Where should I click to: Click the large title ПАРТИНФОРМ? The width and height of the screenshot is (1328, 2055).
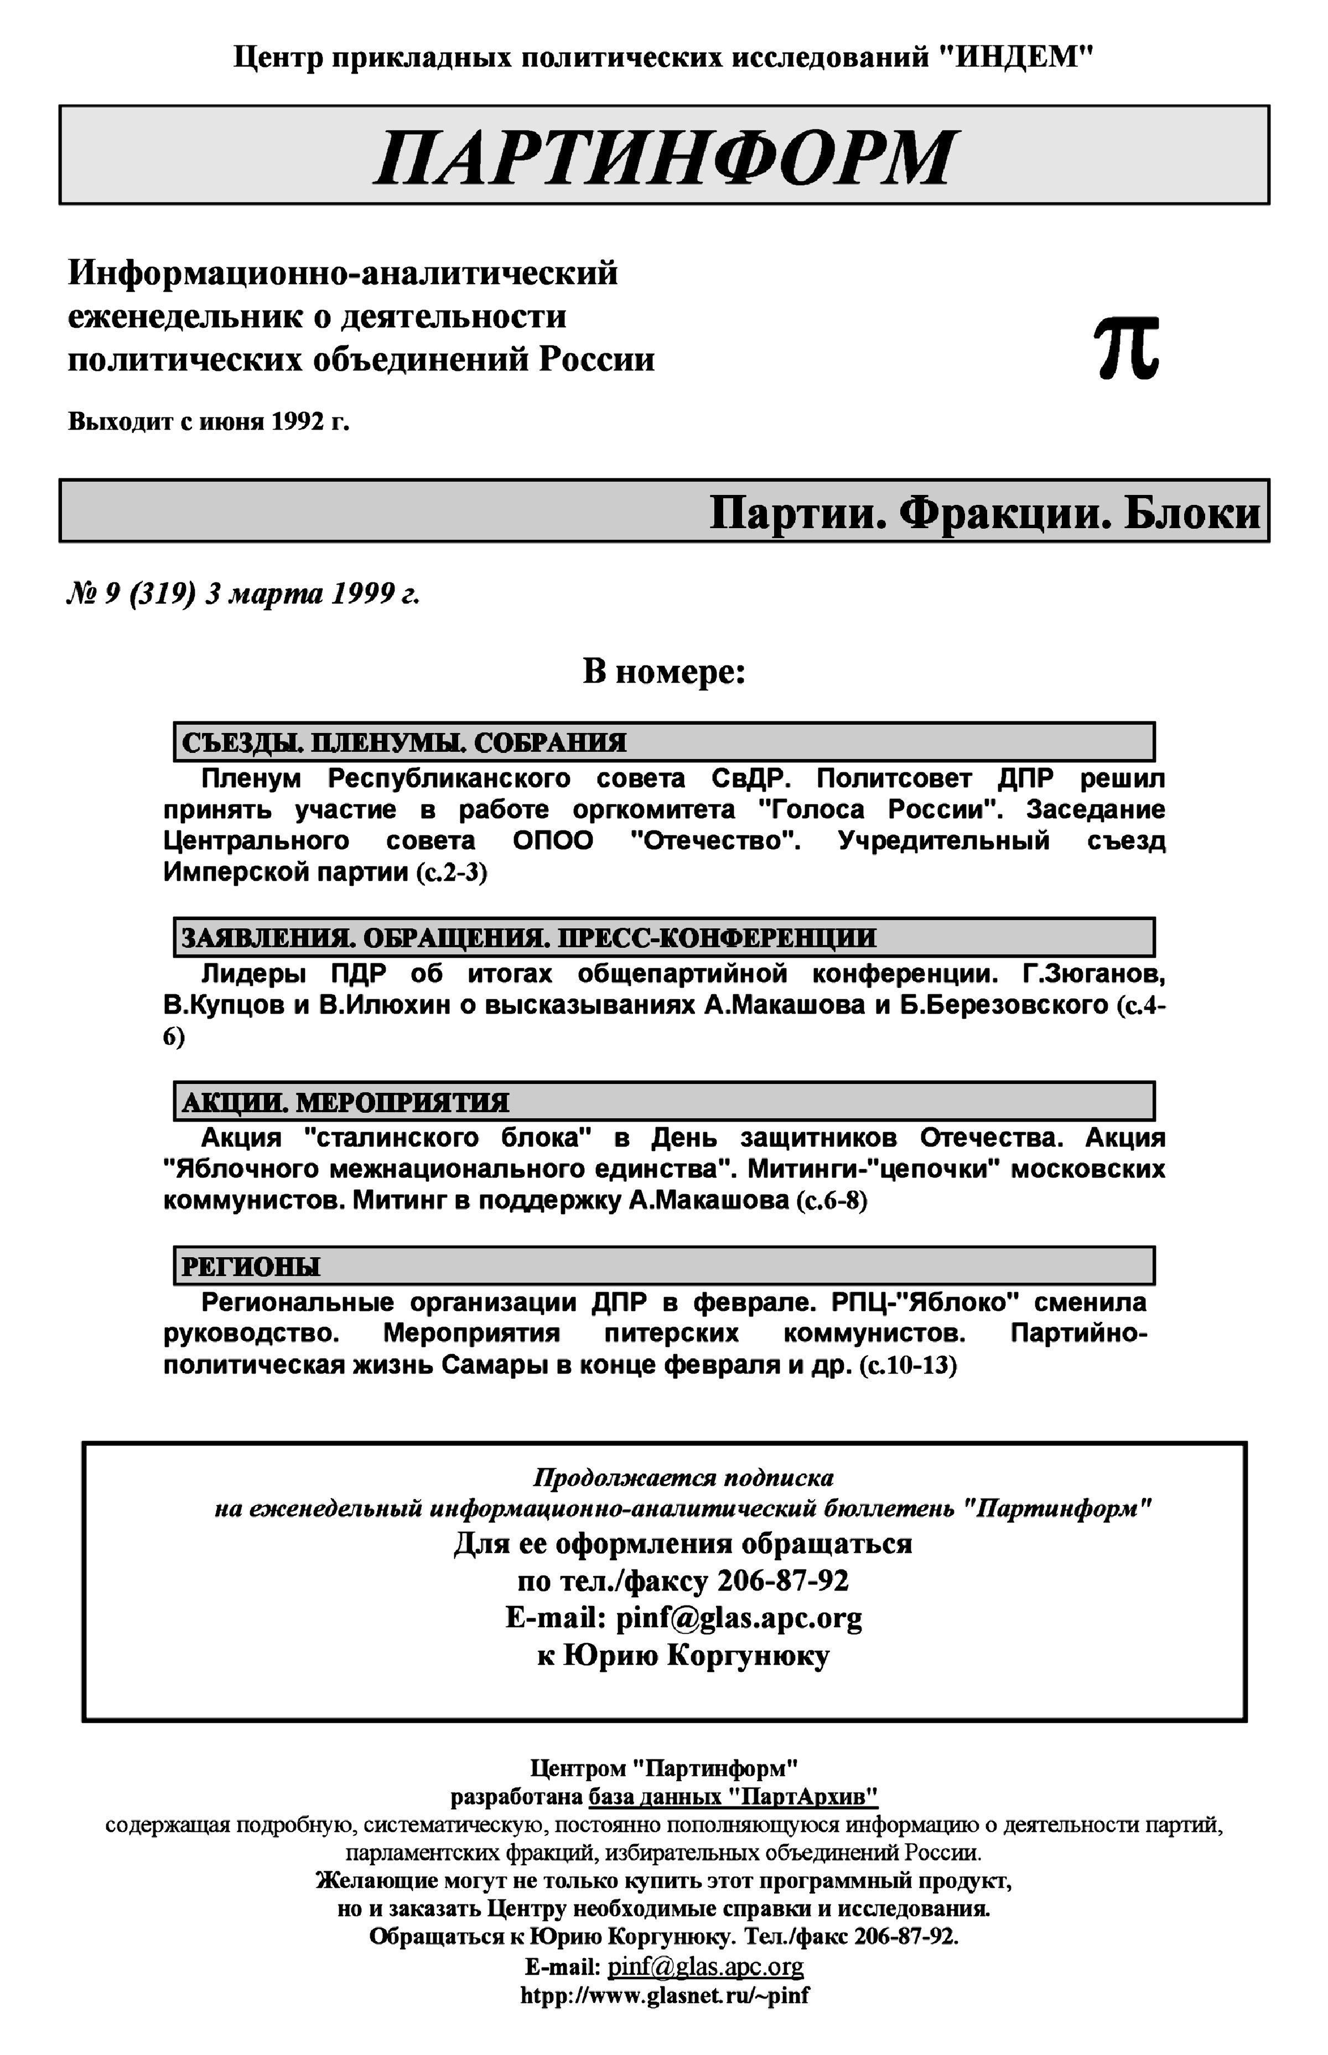click(x=664, y=157)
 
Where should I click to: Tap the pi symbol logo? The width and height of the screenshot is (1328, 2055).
click(x=1126, y=348)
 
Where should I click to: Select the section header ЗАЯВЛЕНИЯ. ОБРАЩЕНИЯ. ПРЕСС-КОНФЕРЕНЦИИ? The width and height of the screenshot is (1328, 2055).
click(x=528, y=938)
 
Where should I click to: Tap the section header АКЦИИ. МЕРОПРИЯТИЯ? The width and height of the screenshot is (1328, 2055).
click(x=345, y=1102)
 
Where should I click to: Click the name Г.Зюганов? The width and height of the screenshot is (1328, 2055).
click(x=1093, y=974)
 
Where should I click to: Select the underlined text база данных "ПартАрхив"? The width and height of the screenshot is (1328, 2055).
click(x=733, y=1797)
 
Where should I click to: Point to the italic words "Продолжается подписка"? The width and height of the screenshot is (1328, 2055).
click(x=683, y=1478)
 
